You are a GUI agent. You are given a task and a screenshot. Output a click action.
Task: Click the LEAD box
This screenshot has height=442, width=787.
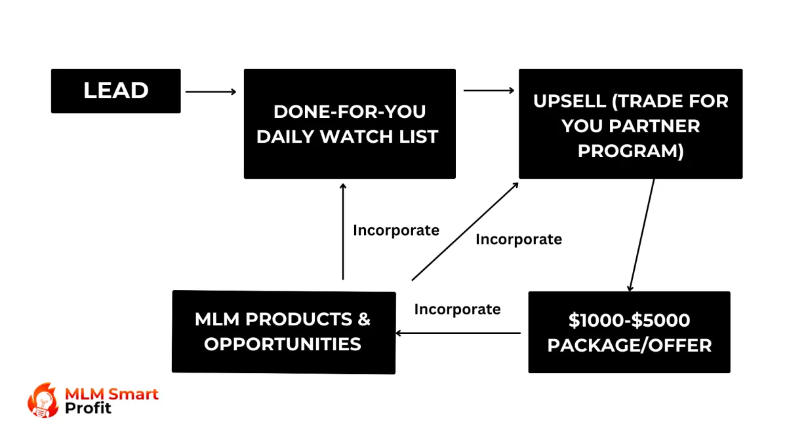pos(116,91)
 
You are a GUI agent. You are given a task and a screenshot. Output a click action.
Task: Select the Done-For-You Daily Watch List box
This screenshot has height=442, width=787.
pos(350,124)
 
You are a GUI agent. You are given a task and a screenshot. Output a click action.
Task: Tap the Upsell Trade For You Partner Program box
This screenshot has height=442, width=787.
pos(631,124)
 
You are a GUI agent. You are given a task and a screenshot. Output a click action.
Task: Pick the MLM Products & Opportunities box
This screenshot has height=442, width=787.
pos(284,332)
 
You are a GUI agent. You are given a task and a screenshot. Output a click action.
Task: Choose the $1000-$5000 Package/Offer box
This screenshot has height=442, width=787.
pos(629,332)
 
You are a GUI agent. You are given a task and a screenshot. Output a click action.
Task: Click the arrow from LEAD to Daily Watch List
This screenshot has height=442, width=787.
pos(211,92)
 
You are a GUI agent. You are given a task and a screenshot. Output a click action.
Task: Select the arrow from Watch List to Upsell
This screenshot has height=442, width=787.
pos(489,90)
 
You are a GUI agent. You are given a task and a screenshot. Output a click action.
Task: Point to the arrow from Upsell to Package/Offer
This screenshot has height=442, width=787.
pos(642,235)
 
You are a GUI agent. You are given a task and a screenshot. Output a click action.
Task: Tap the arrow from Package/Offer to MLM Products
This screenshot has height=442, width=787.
pos(458,333)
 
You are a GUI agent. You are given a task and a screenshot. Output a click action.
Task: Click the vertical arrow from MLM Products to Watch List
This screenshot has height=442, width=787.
pos(343,232)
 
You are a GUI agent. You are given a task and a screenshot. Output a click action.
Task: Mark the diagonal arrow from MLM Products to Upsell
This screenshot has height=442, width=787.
pos(465,232)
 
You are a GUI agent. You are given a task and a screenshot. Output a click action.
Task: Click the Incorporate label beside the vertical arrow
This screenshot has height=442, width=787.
pos(396,230)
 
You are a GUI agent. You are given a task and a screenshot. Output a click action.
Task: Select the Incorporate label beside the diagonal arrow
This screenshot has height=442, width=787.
pos(519,240)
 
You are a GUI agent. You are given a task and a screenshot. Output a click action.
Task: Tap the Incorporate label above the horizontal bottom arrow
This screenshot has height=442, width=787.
pos(458,309)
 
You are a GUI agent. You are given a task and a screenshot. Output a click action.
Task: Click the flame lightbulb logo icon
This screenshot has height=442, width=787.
pos(43,400)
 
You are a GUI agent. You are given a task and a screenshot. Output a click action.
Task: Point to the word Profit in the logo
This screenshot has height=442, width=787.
pos(88,408)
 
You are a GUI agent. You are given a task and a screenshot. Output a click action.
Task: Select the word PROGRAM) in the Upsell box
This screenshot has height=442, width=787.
pos(631,151)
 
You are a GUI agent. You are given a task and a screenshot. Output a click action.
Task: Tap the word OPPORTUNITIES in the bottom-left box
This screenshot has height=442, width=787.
pos(283,344)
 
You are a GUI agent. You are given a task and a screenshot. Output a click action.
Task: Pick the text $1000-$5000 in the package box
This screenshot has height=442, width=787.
pos(629,320)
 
